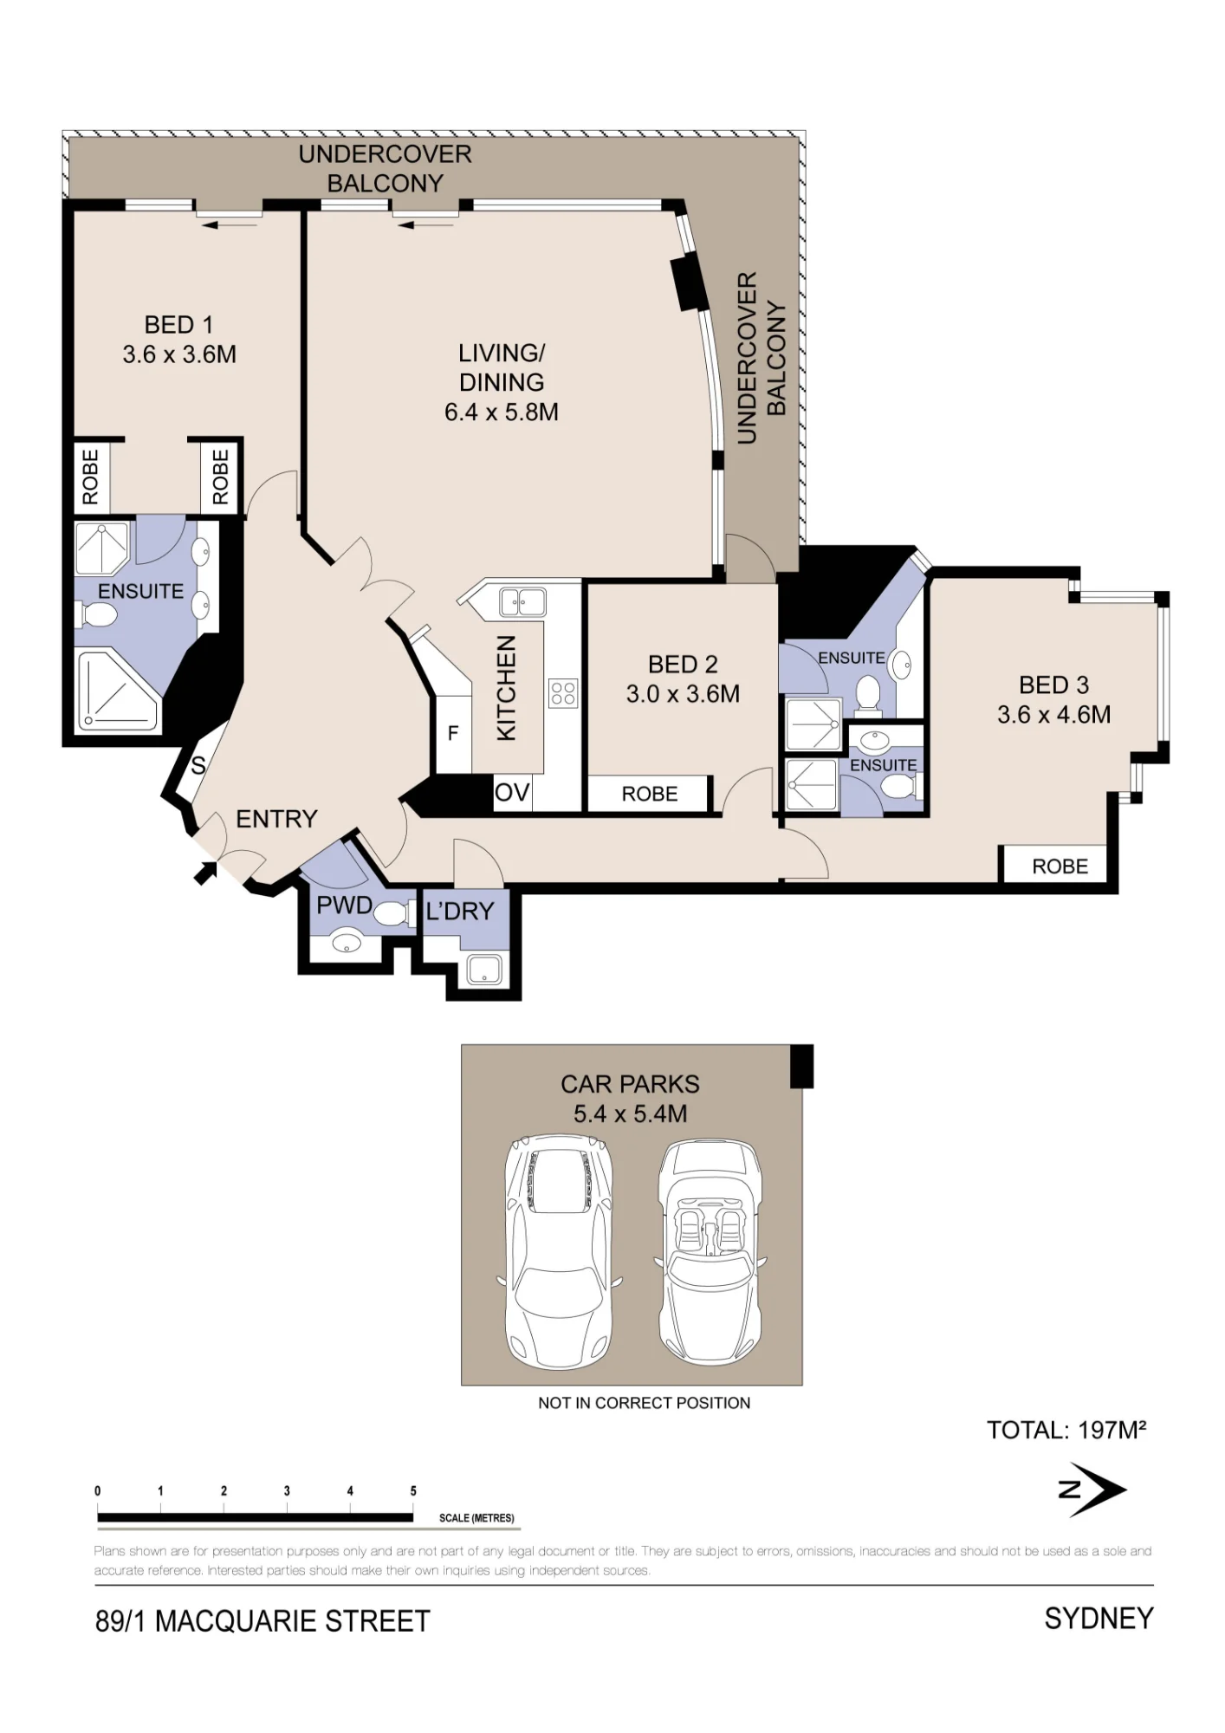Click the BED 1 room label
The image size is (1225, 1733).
(x=178, y=325)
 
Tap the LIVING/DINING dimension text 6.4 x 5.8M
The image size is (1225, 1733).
(x=502, y=412)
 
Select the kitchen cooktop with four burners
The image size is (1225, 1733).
(x=563, y=693)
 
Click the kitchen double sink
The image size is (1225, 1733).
(x=522, y=601)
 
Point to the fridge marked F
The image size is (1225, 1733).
(x=452, y=734)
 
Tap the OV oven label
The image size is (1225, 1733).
(x=511, y=792)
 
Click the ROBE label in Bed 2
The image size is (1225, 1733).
(x=650, y=795)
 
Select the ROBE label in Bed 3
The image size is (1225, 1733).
(x=1060, y=866)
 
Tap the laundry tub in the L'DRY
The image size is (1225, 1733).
(x=484, y=970)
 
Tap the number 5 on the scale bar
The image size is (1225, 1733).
(x=413, y=1490)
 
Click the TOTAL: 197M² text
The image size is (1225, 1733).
(x=1067, y=1430)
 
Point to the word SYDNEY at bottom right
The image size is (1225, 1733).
(x=1099, y=1619)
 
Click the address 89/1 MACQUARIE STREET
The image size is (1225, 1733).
(x=262, y=1621)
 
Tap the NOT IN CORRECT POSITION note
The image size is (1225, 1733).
(x=645, y=1403)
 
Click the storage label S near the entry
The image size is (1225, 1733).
(x=198, y=765)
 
